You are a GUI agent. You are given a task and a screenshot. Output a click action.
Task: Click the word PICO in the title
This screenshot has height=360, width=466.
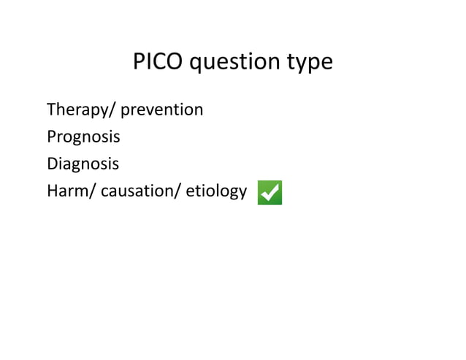pos(158,62)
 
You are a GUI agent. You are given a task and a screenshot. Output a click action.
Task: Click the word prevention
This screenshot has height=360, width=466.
pos(161,110)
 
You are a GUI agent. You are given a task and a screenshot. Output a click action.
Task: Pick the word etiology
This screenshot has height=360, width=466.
pos(215,192)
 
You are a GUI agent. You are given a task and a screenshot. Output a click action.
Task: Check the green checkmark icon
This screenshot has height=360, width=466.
pos(270,193)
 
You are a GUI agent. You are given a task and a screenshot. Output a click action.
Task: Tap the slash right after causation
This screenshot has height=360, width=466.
pos(179,191)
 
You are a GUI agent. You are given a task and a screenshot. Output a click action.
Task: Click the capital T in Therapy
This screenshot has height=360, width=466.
pos(51,110)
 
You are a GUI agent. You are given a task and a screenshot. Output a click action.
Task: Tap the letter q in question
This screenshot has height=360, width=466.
pos(197,65)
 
